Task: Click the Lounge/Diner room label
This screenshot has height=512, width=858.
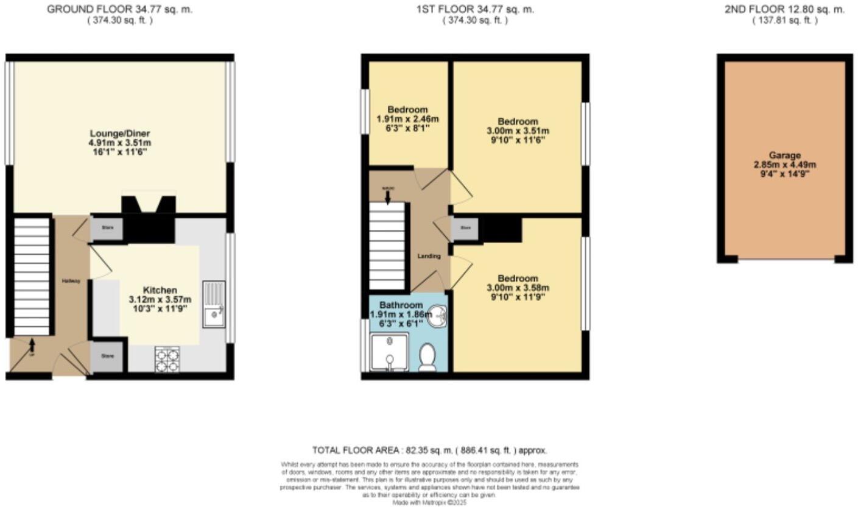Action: click(x=119, y=133)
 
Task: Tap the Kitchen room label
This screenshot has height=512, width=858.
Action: click(x=160, y=290)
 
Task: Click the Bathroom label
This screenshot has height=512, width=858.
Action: click(x=401, y=305)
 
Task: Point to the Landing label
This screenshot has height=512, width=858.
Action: click(x=429, y=256)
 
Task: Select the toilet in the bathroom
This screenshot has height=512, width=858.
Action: click(x=428, y=357)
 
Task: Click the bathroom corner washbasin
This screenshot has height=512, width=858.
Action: click(x=437, y=317)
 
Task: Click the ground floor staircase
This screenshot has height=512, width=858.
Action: click(x=31, y=275)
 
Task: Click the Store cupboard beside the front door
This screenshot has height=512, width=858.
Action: click(x=108, y=355)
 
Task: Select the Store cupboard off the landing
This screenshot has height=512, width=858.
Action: click(x=465, y=229)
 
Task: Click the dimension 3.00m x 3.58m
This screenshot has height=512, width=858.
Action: click(x=517, y=288)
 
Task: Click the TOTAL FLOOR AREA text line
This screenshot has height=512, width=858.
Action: click(x=429, y=450)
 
